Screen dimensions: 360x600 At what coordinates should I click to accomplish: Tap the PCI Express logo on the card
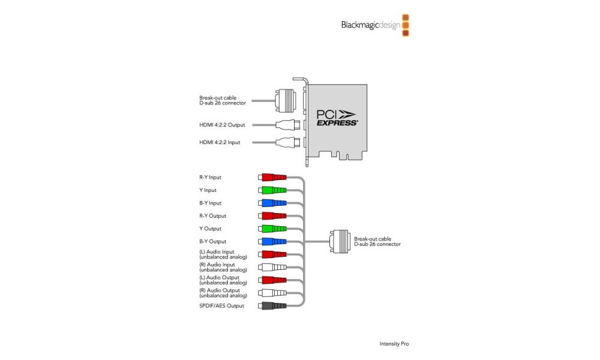coord(337,116)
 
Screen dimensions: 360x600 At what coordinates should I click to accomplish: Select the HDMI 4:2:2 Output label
coord(226,125)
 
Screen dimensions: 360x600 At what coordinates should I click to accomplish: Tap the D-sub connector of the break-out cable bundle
coord(341,241)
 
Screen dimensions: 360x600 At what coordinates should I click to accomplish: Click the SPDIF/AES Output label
coord(221,305)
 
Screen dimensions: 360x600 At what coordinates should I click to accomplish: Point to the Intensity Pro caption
coord(394,344)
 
